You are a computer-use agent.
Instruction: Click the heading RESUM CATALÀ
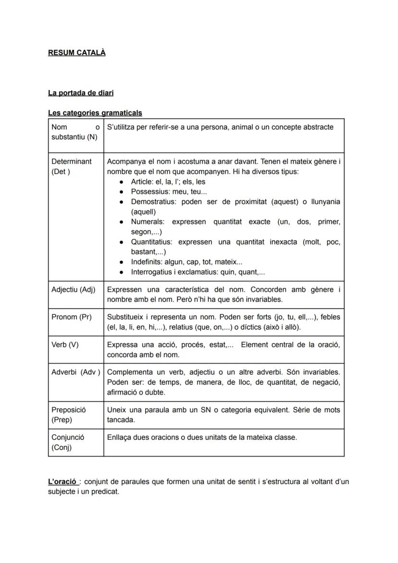point(76,52)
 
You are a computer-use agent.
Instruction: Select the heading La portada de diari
point(81,92)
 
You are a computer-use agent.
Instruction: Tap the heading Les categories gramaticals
point(95,113)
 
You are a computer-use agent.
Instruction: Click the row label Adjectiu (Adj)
point(73,289)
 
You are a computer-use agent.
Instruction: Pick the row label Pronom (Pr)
point(71,317)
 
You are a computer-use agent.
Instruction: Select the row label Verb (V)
point(65,344)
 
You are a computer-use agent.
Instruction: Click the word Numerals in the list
point(147,222)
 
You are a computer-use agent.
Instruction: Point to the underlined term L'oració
point(62,482)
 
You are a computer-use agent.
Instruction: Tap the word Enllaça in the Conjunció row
point(120,437)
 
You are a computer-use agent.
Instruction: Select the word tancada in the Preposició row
point(120,419)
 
